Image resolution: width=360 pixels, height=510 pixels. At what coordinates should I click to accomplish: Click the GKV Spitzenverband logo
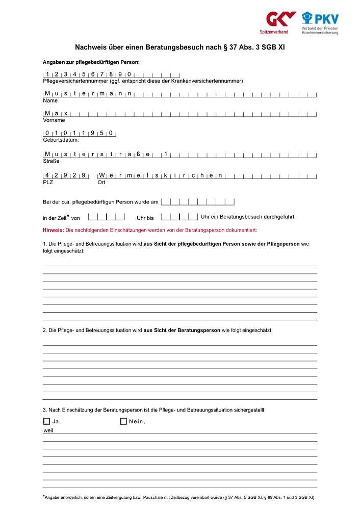[x=280, y=22]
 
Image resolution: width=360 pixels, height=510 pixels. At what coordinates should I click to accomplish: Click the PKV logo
[x=320, y=23]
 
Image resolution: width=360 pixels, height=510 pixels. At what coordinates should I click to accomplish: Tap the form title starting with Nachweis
[x=179, y=47]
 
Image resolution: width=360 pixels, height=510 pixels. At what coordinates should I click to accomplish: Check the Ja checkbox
[x=47, y=421]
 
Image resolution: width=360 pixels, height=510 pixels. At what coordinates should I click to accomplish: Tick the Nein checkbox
[x=123, y=421]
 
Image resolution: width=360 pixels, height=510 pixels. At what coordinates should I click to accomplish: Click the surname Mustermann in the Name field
[x=88, y=93]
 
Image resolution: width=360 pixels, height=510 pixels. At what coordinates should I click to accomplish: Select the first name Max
[x=57, y=113]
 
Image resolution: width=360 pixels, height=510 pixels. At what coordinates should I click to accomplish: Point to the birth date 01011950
[x=79, y=133]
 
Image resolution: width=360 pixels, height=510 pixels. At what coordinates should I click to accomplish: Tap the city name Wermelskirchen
[x=161, y=175]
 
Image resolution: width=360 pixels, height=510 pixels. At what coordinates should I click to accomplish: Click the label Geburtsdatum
[x=61, y=140]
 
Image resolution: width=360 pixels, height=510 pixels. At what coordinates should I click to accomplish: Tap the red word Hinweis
[x=53, y=231]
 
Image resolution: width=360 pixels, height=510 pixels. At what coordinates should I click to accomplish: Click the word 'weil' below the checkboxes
[x=48, y=430]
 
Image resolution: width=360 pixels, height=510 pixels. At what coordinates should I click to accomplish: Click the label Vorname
[x=54, y=120]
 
